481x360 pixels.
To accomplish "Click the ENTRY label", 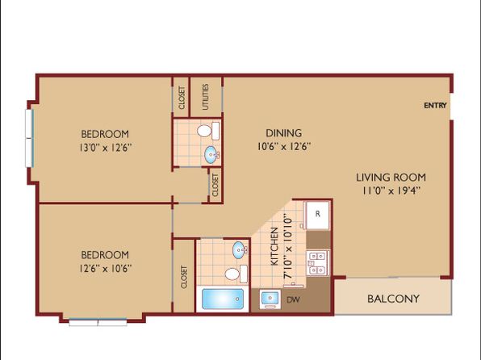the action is tap(435, 106).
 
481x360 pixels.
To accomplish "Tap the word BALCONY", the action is tap(393, 299).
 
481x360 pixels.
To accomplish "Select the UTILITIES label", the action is tap(206, 97).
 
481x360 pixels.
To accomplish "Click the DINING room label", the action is tap(284, 133).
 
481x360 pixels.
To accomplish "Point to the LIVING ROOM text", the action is tap(391, 178).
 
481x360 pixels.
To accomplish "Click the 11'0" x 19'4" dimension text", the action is tap(391, 190).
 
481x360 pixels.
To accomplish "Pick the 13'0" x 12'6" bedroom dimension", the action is tap(106, 148).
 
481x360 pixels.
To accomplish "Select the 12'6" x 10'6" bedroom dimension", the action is tap(106, 269).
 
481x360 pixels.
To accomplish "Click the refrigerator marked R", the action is tap(317, 215).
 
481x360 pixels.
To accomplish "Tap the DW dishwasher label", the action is tap(293, 299).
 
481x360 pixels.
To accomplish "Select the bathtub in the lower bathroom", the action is tap(223, 299).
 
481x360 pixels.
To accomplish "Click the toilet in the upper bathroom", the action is tap(208, 131).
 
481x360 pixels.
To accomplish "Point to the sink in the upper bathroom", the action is tap(212, 154).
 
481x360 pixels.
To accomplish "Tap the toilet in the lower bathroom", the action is tap(236, 274).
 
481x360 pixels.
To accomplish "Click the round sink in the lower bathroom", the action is tap(240, 250).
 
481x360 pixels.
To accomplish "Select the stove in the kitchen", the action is tap(318, 263).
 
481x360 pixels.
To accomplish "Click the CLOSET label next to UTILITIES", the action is tap(182, 98).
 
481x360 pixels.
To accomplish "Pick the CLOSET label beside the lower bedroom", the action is tap(184, 277).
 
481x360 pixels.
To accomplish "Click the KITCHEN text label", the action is tap(274, 247).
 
